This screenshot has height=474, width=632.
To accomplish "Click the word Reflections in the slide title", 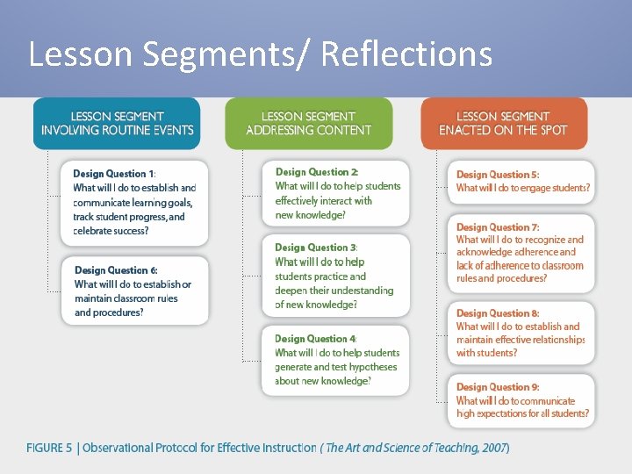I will tap(406, 54).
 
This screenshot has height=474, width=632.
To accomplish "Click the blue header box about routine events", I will tap(117, 123).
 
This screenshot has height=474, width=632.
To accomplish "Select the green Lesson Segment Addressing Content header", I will tap(308, 123).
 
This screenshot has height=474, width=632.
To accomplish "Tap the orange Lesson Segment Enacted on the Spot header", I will tap(503, 123).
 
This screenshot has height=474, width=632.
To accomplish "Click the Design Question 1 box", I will tap(134, 203).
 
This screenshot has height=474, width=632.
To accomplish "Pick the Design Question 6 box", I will tap(134, 291).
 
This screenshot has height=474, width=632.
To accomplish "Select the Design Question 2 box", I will tap(336, 194).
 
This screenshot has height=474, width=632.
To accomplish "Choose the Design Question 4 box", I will tap(336, 360).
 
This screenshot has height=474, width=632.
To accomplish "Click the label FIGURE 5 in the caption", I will tap(49, 449).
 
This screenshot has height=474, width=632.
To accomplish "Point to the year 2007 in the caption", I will tap(492, 449).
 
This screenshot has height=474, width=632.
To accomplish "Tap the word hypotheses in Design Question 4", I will tap(368, 367).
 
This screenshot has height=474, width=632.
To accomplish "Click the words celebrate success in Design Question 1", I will tap(111, 231).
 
